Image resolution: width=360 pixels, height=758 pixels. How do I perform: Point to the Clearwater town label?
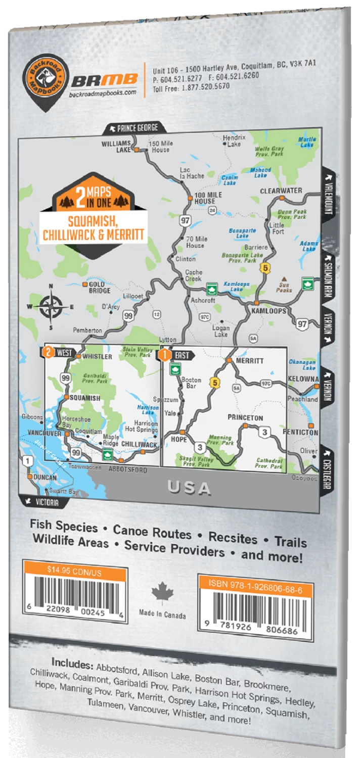click(281, 191)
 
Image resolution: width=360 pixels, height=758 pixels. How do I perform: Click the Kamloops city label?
click(268, 311)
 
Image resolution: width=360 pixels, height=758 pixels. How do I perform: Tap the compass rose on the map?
click(51, 306)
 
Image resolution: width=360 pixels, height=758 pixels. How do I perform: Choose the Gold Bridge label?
click(100, 287)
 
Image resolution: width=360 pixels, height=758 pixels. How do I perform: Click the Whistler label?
click(97, 356)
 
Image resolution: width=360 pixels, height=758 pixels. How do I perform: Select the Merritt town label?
click(249, 361)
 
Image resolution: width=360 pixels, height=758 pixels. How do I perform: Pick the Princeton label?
click(245, 418)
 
